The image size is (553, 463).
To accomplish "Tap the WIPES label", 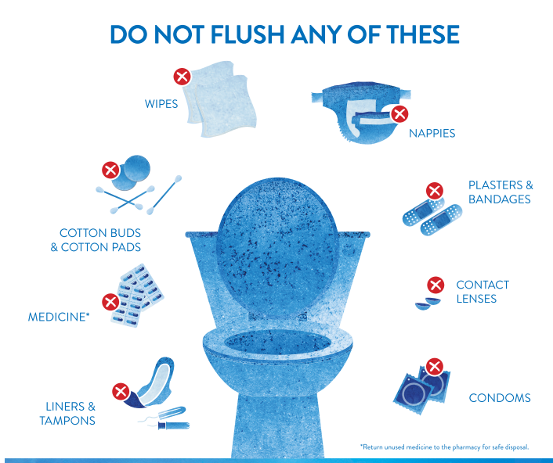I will tap(161, 103).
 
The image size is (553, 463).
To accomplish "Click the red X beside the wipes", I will tap(182, 77).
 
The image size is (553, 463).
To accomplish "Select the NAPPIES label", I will tap(432, 134).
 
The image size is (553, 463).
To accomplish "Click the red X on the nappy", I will tap(399, 114).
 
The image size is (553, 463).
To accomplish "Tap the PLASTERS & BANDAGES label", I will tap(500, 192).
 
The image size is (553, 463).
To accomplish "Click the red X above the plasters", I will tap(434, 190).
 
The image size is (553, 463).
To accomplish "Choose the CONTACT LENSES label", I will tap(482, 292).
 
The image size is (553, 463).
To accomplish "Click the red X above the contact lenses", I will tap(436, 285).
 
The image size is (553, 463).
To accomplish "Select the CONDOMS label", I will tap(499, 398).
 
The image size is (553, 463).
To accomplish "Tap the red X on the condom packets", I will tap(434, 366).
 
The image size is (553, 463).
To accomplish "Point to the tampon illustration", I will tap(168, 423).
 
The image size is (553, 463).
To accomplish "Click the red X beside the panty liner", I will tap(121, 390).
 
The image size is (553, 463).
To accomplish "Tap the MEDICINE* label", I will tap(59, 318).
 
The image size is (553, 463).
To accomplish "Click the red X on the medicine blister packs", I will tap(110, 301).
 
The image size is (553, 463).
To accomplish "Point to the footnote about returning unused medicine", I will tap(444, 447).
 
